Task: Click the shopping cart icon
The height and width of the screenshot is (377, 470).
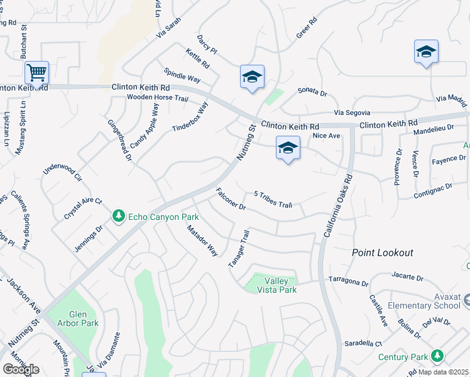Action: pos(37,73)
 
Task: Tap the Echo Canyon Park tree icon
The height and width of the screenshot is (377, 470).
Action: pos(118,216)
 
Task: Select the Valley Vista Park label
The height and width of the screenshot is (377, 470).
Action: pos(280,285)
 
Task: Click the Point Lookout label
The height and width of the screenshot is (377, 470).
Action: pos(382,253)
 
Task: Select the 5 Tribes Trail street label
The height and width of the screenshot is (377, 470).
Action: pos(273,200)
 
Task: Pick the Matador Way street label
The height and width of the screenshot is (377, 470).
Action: pos(202,241)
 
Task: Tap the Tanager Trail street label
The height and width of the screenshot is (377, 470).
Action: pos(239,249)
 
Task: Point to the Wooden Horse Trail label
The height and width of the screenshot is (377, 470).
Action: pos(157,99)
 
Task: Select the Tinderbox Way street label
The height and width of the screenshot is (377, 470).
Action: pos(190,117)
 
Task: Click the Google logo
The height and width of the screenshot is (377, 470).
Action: pos(20,369)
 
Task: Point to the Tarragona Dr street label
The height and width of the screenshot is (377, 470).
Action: pos(347,281)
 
